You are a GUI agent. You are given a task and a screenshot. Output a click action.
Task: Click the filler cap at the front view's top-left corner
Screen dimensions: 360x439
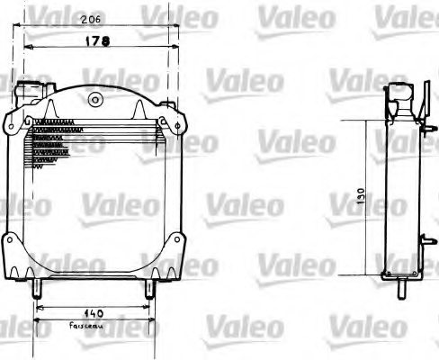click(29, 92)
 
